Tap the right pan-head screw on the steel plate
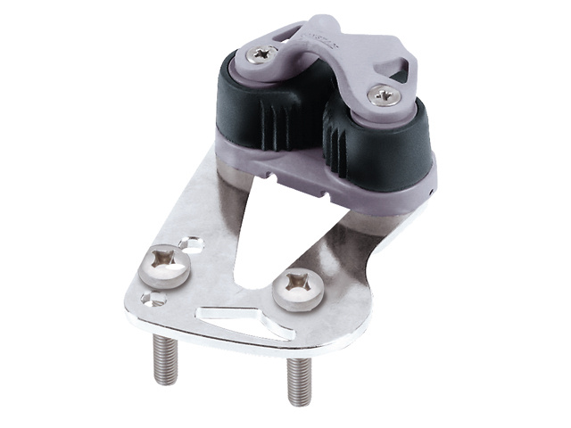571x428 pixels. pos(297,291)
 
